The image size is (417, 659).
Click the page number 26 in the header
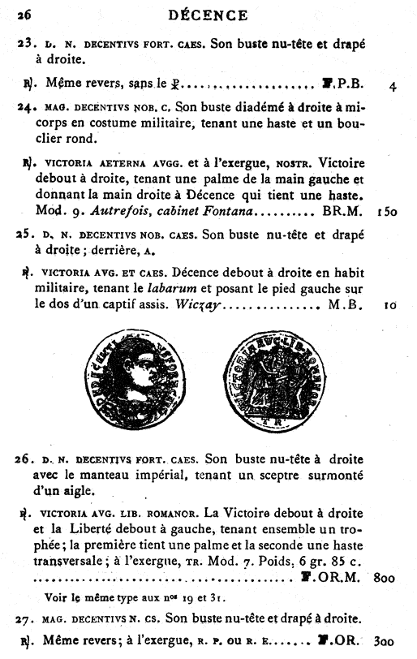coord(24,14)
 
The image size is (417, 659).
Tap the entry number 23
coord(26,41)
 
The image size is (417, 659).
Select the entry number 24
coord(26,107)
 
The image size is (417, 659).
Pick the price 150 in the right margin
coord(386,211)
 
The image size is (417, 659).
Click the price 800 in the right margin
coord(386,579)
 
